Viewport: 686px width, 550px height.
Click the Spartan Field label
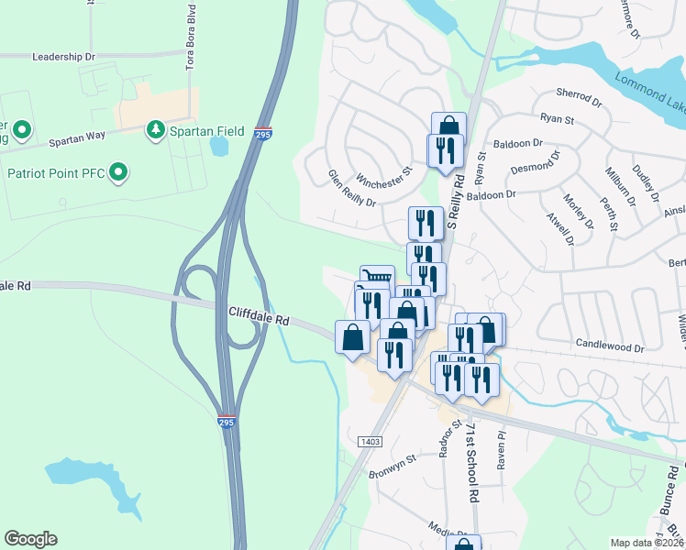[x=206, y=131]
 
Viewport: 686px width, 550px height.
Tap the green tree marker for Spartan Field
[x=156, y=131]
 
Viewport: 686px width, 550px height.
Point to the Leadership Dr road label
[x=63, y=56]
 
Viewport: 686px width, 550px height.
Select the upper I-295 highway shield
[x=263, y=133]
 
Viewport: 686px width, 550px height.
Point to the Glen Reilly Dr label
[x=353, y=188]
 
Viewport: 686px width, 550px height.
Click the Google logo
[x=30, y=539]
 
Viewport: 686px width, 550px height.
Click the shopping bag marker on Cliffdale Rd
[x=353, y=336]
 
